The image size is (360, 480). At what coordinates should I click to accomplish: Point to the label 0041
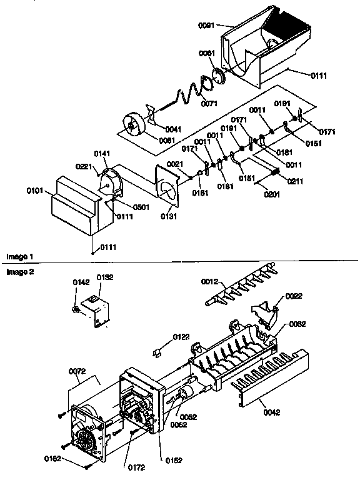(174, 129)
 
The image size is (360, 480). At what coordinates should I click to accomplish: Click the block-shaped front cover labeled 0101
(74, 203)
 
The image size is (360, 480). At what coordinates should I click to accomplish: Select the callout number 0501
(140, 207)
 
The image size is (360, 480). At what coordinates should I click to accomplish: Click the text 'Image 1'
(19, 257)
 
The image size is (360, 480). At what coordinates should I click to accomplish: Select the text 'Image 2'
(19, 272)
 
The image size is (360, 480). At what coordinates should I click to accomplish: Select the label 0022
(294, 296)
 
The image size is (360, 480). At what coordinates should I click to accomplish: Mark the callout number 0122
(181, 337)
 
